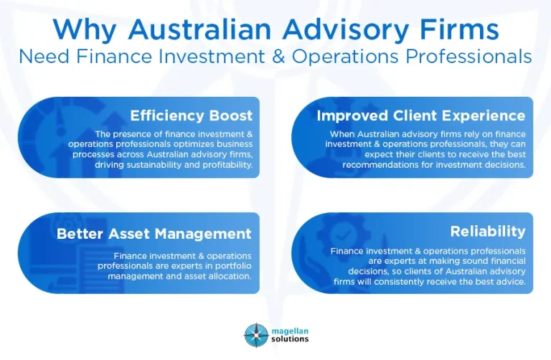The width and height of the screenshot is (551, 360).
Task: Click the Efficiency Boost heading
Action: click(x=191, y=115)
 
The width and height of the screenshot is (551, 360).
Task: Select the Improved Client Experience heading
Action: click(x=421, y=115)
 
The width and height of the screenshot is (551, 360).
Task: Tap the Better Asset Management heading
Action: click(x=154, y=234)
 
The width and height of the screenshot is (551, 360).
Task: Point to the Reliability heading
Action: click(x=488, y=231)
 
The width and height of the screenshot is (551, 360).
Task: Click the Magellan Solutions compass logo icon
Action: click(x=255, y=335)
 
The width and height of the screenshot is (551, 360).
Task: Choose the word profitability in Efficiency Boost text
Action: click(x=226, y=164)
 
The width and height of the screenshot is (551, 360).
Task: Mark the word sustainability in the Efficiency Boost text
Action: click(x=148, y=164)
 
